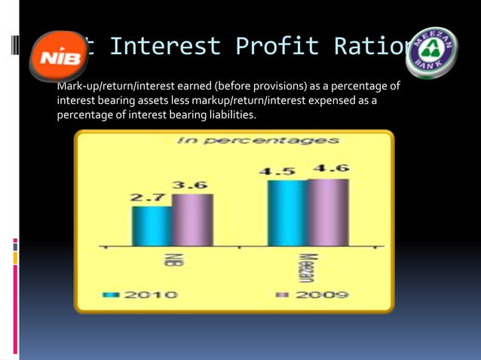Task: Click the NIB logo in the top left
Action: pyautogui.click(x=56, y=55)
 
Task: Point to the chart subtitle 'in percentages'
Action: pyautogui.click(x=258, y=140)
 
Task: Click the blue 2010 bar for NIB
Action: pyautogui.click(x=152, y=226)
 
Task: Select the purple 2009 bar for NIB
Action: pyautogui.click(x=192, y=220)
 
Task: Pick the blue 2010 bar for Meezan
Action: pyautogui.click(x=287, y=213)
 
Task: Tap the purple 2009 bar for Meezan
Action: pyautogui.click(x=328, y=212)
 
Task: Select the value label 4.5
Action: pyautogui.click(x=277, y=171)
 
